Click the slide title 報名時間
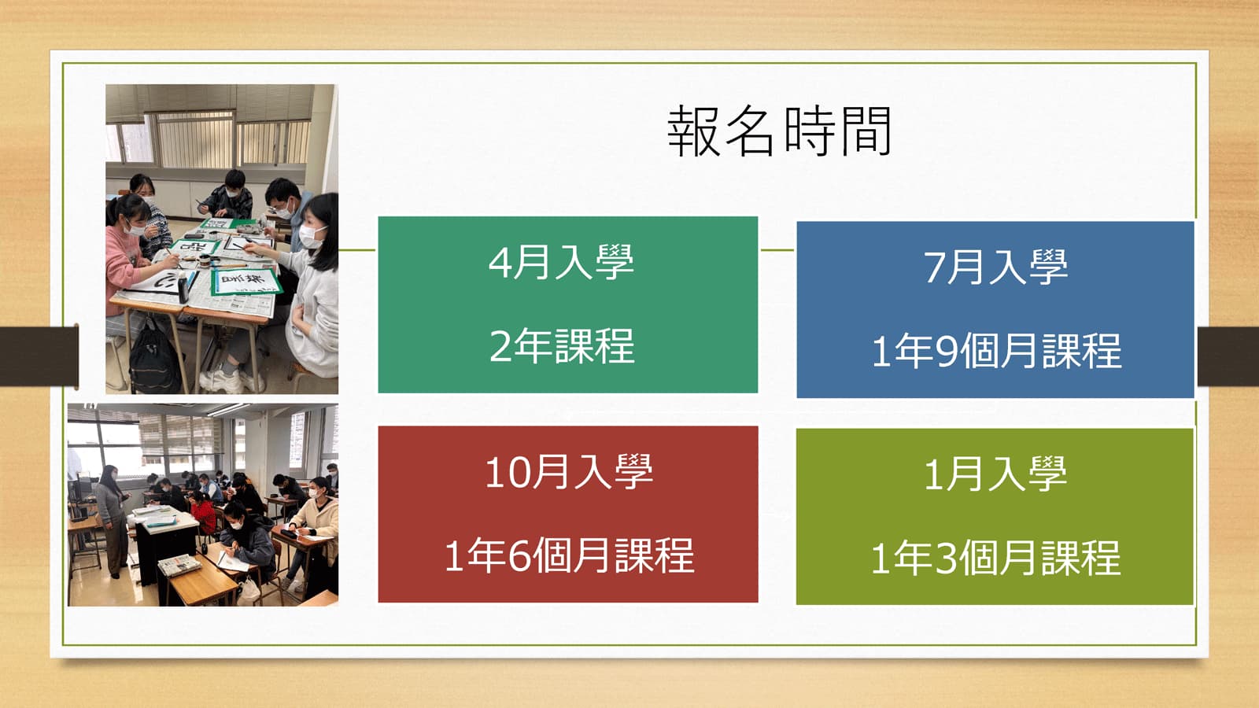coord(779,131)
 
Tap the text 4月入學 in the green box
coord(561,262)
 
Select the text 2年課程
coord(562,345)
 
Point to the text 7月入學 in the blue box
coord(995,267)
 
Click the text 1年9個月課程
coord(996,351)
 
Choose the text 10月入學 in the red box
coord(569,471)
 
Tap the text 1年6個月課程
coord(570,555)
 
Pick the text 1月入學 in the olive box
coord(995,474)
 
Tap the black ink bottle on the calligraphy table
coord(183,286)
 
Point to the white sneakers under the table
coord(231,379)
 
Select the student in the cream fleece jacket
coord(316,525)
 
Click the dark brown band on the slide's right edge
coord(1228,356)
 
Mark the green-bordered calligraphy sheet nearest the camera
coord(246,281)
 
